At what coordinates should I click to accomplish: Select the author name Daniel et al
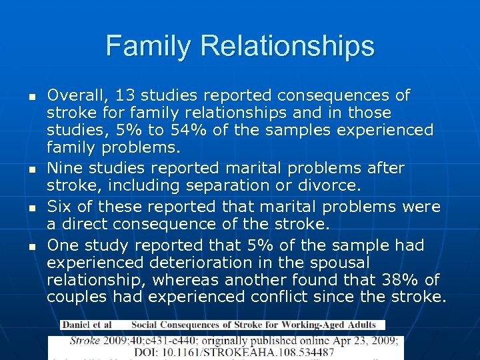(87, 325)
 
